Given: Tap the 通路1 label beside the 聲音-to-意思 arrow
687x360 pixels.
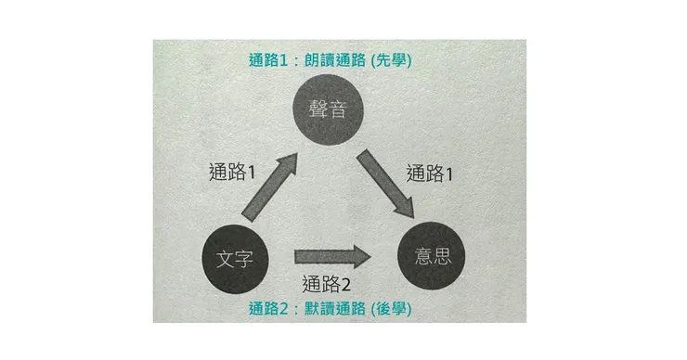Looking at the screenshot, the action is coord(433,172).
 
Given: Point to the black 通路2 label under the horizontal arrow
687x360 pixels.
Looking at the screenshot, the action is coord(328,284).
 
